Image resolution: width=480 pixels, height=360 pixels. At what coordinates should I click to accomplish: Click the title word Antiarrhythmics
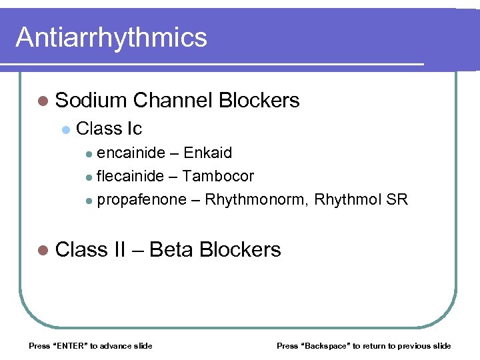tap(111, 37)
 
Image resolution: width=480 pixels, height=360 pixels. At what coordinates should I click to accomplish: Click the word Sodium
tap(91, 101)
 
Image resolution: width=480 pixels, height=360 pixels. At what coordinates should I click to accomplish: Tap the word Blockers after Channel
tap(259, 101)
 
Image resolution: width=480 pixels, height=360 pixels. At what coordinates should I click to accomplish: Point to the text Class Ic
tap(109, 128)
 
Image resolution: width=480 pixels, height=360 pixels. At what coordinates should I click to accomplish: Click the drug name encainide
tap(131, 153)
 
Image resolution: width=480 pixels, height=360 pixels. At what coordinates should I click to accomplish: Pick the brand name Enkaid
tap(208, 153)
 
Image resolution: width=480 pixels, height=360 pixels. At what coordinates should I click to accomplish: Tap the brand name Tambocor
tap(218, 176)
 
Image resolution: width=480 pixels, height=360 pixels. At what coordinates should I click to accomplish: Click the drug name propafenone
tap(141, 199)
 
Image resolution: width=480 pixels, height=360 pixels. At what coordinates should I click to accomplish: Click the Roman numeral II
tap(120, 249)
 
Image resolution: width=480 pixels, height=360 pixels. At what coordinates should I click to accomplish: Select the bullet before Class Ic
tap(65, 129)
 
